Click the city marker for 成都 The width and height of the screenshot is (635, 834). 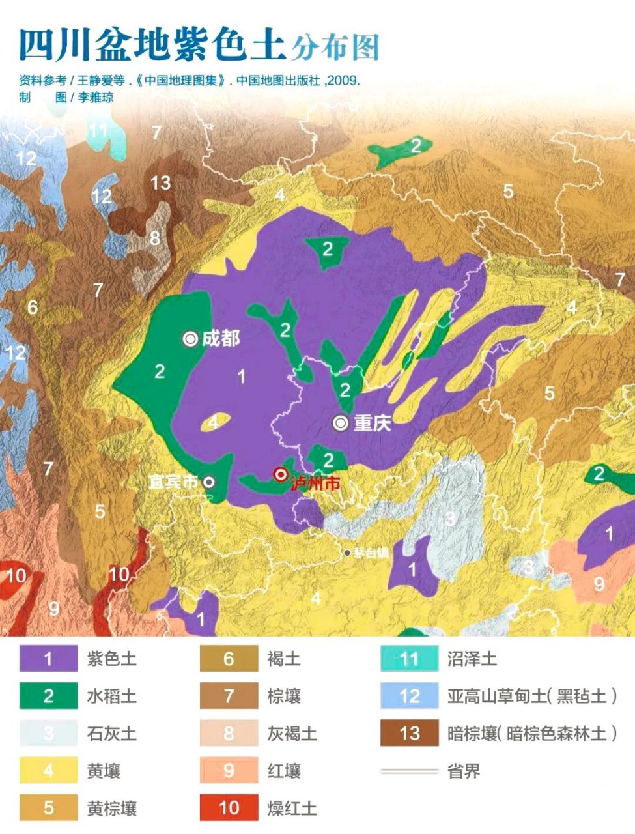pyautogui.click(x=190, y=339)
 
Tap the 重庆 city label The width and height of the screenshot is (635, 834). pyautogui.click(x=372, y=424)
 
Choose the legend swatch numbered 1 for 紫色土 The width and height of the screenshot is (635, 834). pyautogui.click(x=48, y=659)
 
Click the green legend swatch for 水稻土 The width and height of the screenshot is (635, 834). pyautogui.click(x=48, y=696)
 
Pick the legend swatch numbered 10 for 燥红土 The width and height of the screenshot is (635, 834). pyautogui.click(x=229, y=808)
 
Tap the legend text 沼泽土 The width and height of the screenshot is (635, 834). pyautogui.click(x=472, y=659)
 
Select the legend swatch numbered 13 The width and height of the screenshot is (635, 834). pyautogui.click(x=409, y=734)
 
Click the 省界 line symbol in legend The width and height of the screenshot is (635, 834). pyautogui.click(x=409, y=771)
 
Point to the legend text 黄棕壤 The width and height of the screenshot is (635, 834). pyautogui.click(x=112, y=809)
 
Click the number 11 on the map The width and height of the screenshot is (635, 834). pyautogui.click(x=98, y=130)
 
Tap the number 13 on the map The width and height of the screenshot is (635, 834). pyautogui.click(x=160, y=183)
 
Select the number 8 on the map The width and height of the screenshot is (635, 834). pyautogui.click(x=155, y=238)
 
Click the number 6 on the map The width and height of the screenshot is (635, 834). pyautogui.click(x=33, y=307)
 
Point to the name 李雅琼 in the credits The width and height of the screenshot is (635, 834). pyautogui.click(x=96, y=97)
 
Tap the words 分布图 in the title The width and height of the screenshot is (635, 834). pyautogui.click(x=335, y=47)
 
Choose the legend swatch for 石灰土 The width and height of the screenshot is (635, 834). pyautogui.click(x=48, y=734)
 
